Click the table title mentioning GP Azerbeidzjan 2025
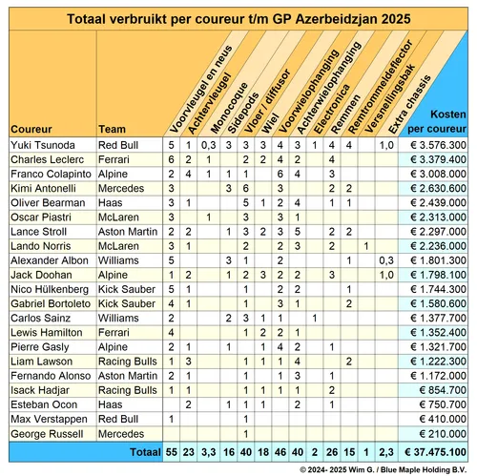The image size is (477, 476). (238, 18)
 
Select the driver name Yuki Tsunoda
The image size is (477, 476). (40, 144)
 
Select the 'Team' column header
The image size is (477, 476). (112, 128)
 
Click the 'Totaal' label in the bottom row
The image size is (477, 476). (144, 449)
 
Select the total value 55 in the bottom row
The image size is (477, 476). (171, 449)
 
